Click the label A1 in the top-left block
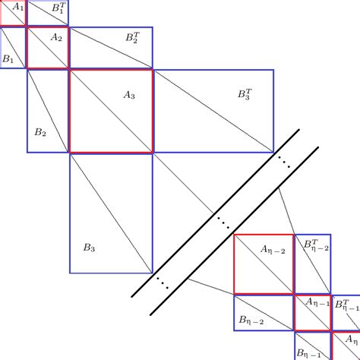(18, 7)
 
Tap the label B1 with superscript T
(58, 8)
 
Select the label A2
(56, 37)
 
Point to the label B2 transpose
(133, 37)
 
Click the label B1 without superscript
(8, 59)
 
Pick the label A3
(129, 95)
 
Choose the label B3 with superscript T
(245, 94)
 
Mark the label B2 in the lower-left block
(40, 132)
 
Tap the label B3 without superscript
(90, 248)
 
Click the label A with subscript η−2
(273, 250)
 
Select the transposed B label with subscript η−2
(316, 245)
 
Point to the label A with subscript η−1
(317, 302)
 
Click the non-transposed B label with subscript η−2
(251, 321)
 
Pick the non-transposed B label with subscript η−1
(308, 353)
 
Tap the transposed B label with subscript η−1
(347, 305)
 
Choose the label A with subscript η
(352, 339)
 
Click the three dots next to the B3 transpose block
(284, 162)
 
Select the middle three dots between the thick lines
(223, 223)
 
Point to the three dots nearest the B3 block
(163, 283)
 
